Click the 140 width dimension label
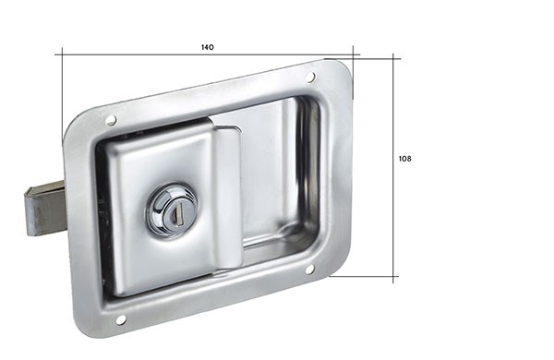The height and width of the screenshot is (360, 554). (x=208, y=47)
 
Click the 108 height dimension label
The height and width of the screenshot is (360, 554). (x=405, y=159)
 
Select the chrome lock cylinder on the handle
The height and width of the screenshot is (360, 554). (x=172, y=210)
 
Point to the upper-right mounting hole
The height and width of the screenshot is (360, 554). (x=310, y=77)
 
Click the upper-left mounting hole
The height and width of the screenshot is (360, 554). (x=111, y=120)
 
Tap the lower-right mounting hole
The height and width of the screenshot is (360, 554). (x=309, y=270)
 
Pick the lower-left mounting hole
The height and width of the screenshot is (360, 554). (x=121, y=319)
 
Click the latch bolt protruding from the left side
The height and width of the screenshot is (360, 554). (x=45, y=209)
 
